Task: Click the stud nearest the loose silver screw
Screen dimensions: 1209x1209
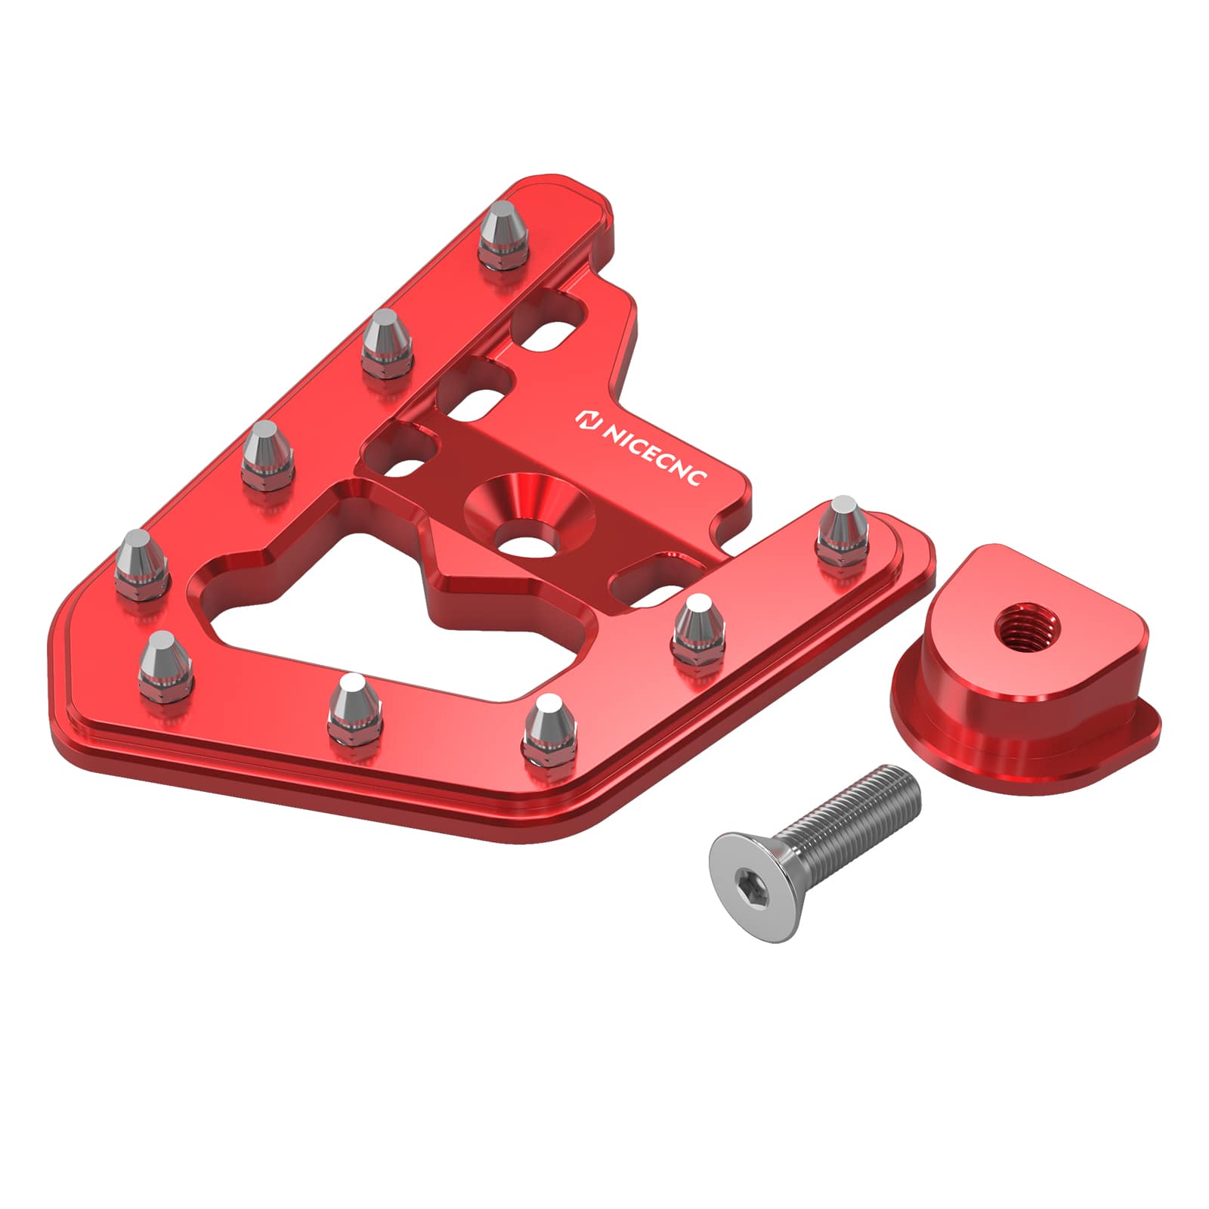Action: (x=550, y=729)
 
